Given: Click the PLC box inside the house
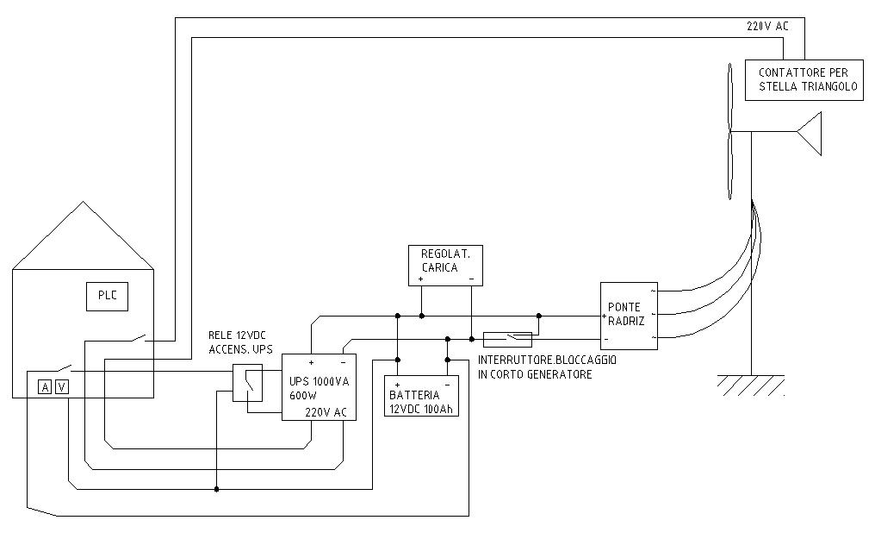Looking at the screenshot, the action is click(x=107, y=297).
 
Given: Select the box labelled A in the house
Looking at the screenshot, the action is click(x=45, y=386).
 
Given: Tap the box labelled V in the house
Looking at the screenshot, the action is click(x=62, y=386).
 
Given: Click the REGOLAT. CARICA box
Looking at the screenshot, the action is click(x=445, y=266).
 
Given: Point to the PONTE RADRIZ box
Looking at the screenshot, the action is click(x=629, y=317).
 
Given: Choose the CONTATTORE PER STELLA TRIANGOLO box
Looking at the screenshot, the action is click(x=804, y=80).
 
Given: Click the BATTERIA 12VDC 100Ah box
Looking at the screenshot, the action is click(x=421, y=396).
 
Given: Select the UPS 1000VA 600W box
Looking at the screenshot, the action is click(x=319, y=387).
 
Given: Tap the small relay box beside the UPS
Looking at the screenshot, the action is click(x=247, y=383).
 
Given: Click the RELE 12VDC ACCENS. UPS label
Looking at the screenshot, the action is click(x=240, y=342).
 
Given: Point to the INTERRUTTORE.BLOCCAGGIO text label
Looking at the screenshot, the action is click(x=547, y=360).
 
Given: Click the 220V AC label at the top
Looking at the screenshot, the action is click(x=767, y=26).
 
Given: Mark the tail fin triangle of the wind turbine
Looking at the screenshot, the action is click(x=810, y=134).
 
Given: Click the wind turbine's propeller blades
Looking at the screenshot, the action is click(x=729, y=131).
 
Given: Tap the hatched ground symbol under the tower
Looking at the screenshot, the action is click(x=751, y=385).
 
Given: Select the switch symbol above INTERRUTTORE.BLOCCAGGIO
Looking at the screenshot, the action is click(x=507, y=339).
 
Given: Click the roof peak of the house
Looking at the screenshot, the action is click(x=84, y=202).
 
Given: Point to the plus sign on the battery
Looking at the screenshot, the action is click(x=397, y=385).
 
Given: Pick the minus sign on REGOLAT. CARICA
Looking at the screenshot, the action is click(x=472, y=279).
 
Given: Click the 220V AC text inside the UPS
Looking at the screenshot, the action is click(x=326, y=413).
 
